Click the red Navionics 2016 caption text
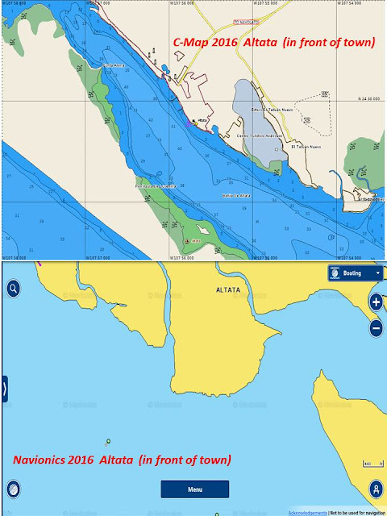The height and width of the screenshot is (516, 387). coord(123,460)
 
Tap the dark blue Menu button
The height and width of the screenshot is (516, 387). coord(194,489)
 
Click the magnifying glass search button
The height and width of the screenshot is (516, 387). coord(14,288)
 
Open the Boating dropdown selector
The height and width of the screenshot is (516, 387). coord(355,273)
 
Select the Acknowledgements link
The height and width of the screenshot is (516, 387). coord(308,511)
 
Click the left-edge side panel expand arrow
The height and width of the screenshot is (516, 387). coord(4,389)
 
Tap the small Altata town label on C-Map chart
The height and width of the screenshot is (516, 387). coord(202,119)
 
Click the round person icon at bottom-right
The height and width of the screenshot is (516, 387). coord(375,489)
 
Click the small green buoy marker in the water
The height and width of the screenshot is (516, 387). coord(106,441)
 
